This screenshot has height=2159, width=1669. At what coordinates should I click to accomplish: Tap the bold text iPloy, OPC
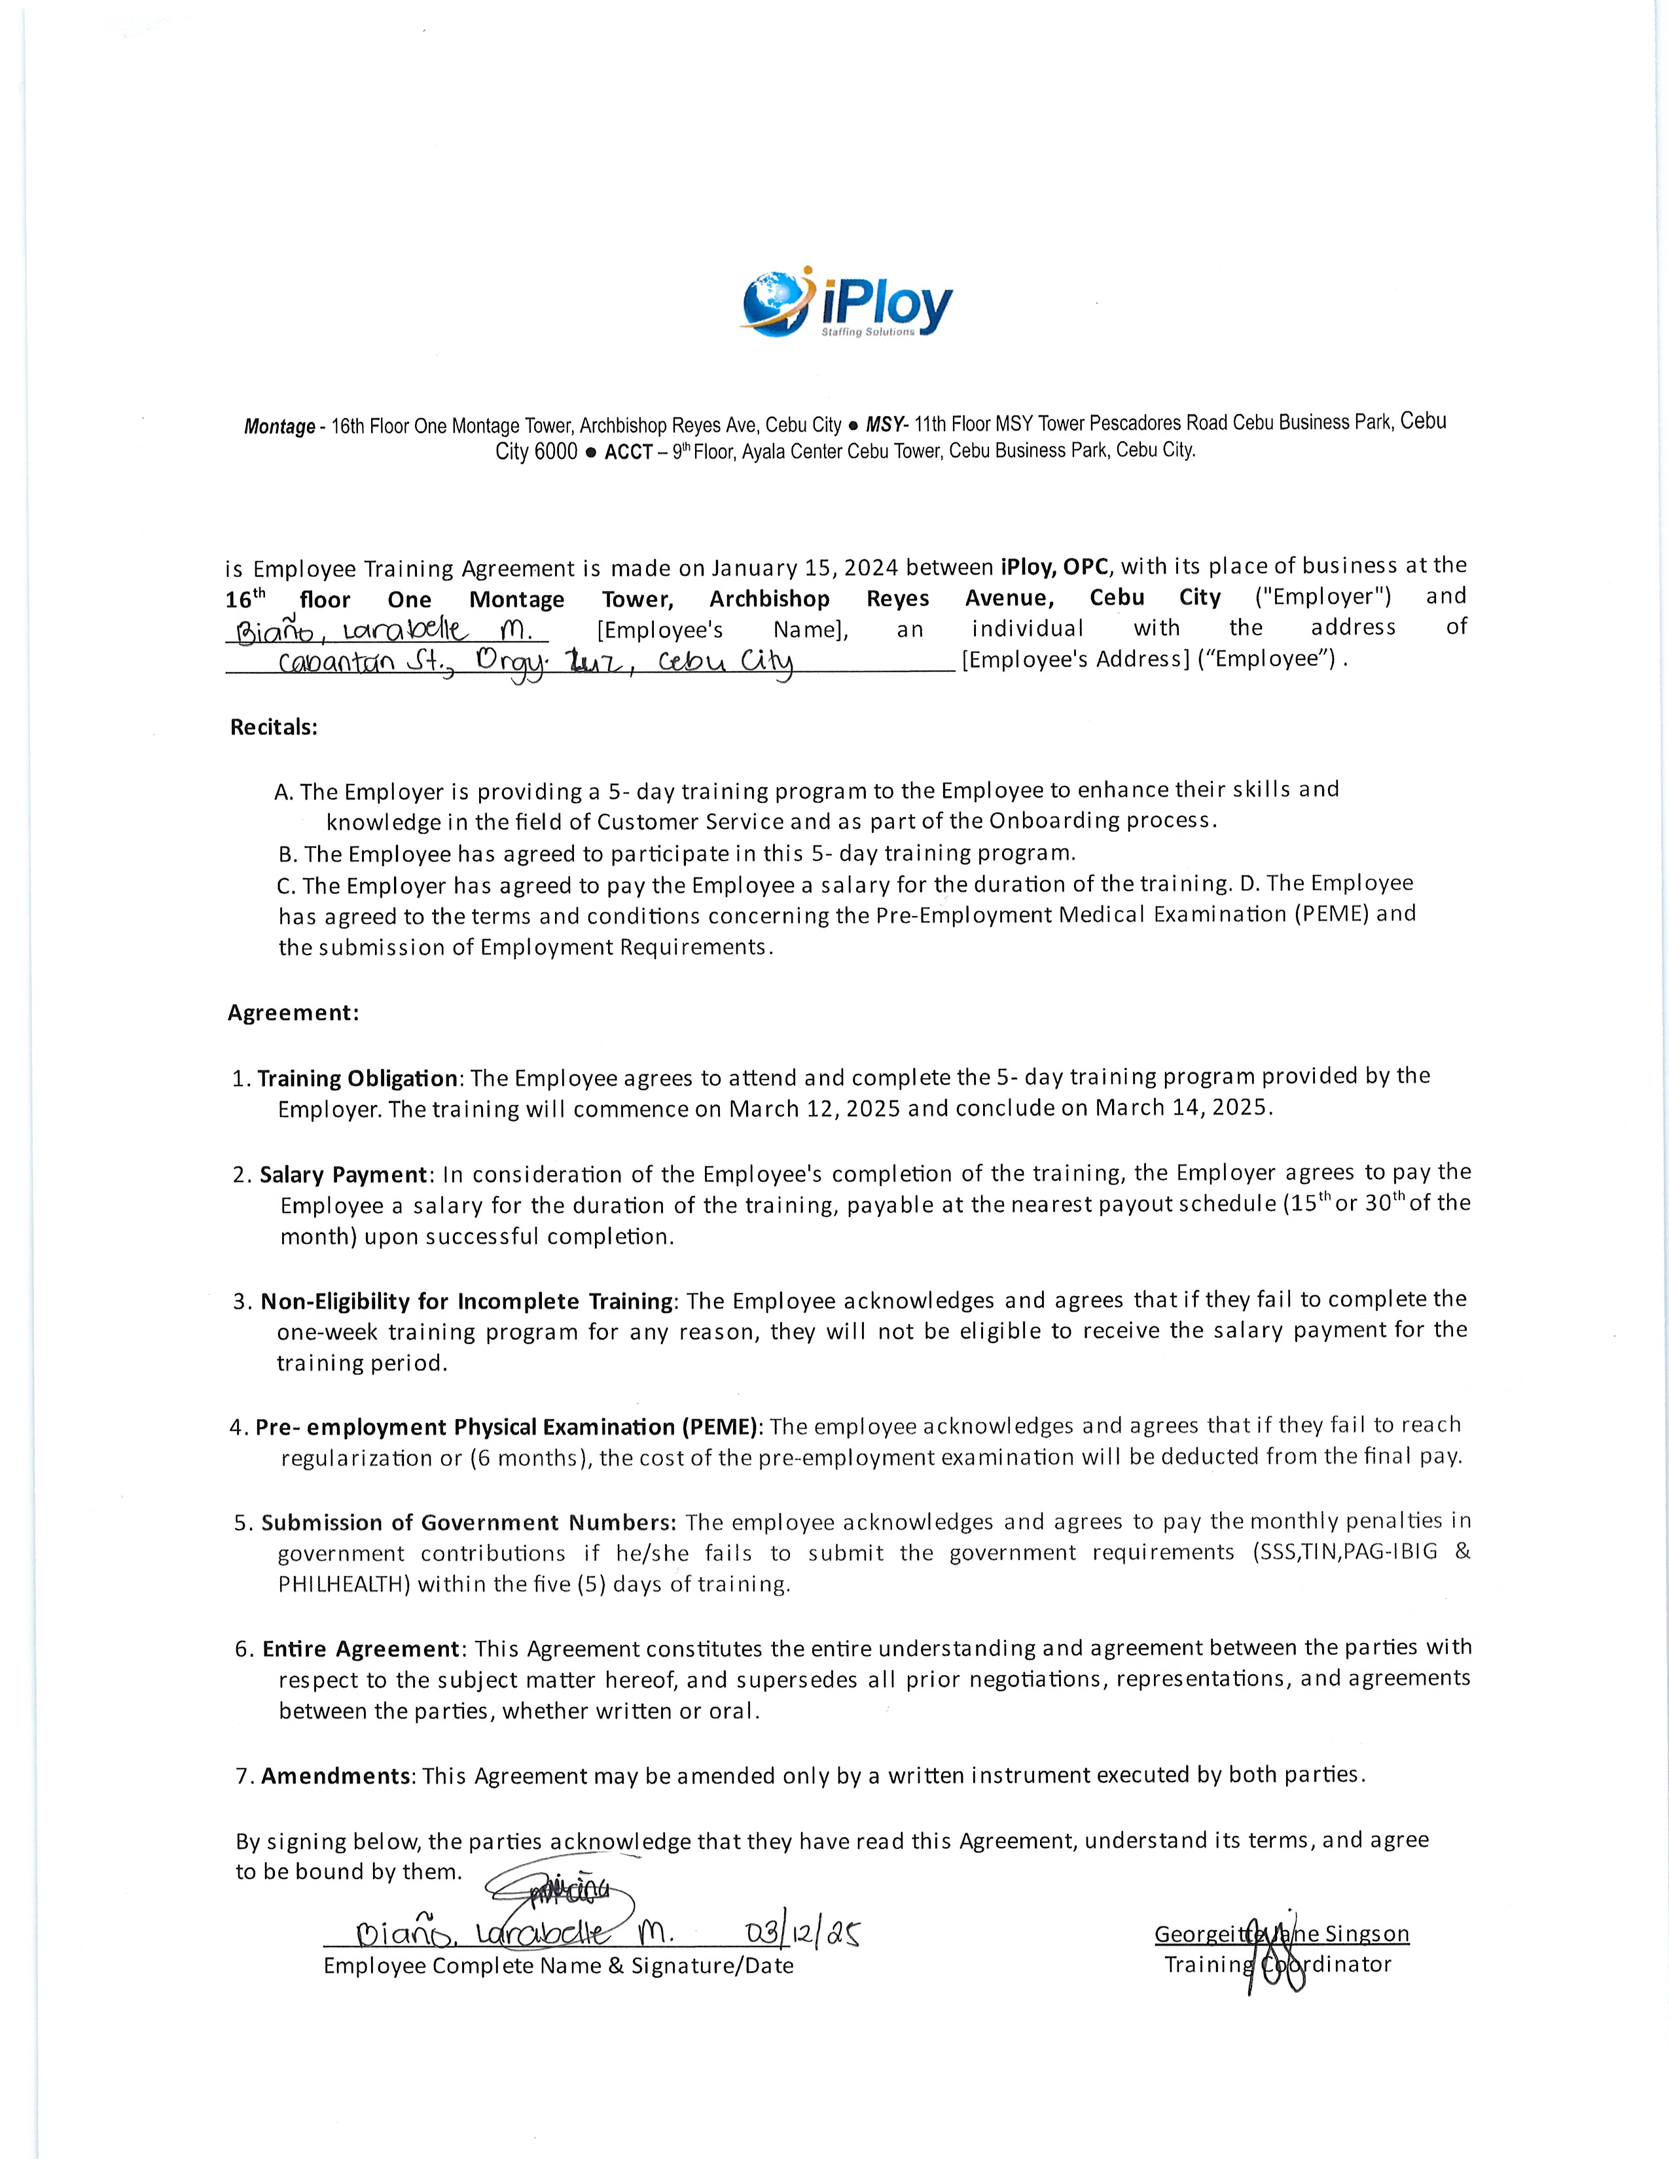coord(1056,567)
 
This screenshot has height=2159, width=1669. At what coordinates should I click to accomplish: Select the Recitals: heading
coord(274,728)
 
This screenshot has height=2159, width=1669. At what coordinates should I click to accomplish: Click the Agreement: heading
coord(293,1012)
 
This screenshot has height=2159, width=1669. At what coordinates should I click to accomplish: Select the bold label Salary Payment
coord(343,1174)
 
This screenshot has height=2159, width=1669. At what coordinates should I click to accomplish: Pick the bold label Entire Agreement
coord(360,1649)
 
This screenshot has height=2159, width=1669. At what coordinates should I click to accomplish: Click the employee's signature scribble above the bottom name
coord(562,1896)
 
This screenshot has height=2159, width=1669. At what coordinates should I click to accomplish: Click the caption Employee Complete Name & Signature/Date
coord(559,1966)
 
